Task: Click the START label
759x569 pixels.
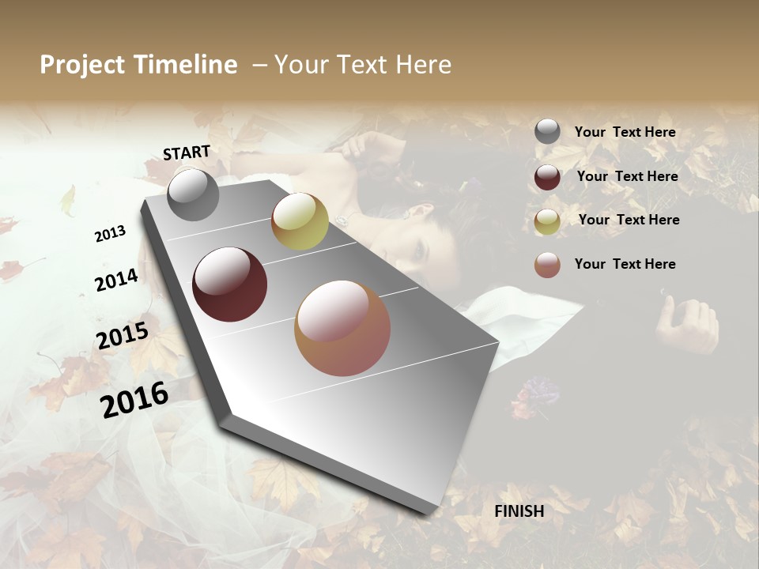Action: tap(187, 153)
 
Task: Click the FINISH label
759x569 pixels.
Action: tap(519, 511)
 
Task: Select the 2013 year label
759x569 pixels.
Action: tap(110, 234)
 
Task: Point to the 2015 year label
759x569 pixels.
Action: tap(123, 336)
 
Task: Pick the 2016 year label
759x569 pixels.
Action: tap(134, 399)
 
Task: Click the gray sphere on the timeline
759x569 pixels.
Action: tap(193, 194)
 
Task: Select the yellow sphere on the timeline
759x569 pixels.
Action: tap(300, 221)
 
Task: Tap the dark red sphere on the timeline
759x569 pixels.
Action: tap(230, 284)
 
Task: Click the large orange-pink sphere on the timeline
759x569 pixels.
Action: tap(342, 328)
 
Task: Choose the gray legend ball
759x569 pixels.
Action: tap(547, 132)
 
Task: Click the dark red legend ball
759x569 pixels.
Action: tap(547, 177)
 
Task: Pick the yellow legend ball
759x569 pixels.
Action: tap(547, 221)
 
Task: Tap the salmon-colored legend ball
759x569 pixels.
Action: tap(547, 265)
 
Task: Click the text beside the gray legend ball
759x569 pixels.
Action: tap(625, 133)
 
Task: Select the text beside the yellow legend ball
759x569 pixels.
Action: tap(629, 220)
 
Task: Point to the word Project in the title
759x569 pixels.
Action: tap(83, 65)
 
